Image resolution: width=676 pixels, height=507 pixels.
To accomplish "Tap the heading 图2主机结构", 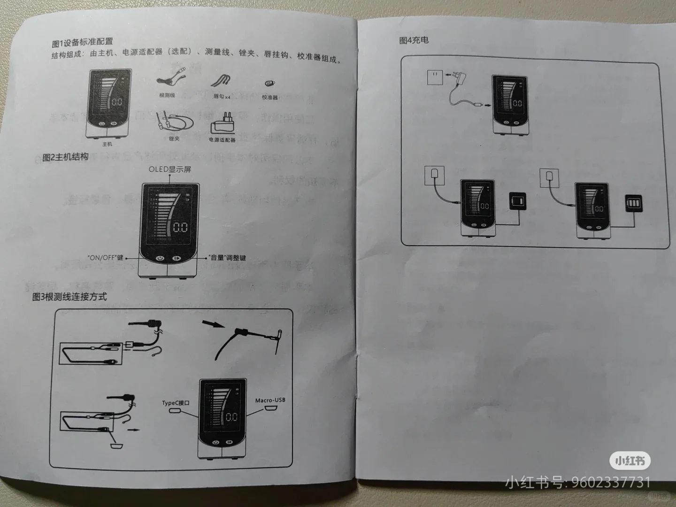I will pyautogui.click(x=65, y=157).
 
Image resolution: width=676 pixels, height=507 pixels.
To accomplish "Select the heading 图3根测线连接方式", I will pyautogui.click(x=69, y=297).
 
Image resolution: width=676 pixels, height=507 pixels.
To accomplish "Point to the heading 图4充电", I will pyautogui.click(x=414, y=40).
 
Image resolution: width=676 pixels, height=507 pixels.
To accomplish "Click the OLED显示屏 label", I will pyautogui.click(x=170, y=169).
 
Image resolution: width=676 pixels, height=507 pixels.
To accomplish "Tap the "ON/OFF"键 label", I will pyautogui.click(x=105, y=258).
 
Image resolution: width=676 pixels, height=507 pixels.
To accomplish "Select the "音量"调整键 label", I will pyautogui.click(x=227, y=258).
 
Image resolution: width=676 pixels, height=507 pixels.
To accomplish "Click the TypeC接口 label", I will pyautogui.click(x=176, y=403).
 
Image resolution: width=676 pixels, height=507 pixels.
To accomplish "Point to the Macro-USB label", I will pyautogui.click(x=270, y=400).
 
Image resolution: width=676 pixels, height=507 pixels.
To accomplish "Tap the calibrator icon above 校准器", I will pyautogui.click(x=269, y=84).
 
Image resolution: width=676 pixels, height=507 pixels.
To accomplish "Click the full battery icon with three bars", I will pyautogui.click(x=633, y=204).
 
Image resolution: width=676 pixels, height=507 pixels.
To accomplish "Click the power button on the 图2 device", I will pyautogui.click(x=160, y=258).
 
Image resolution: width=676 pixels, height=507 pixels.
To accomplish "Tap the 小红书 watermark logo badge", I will pyautogui.click(x=630, y=461).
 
